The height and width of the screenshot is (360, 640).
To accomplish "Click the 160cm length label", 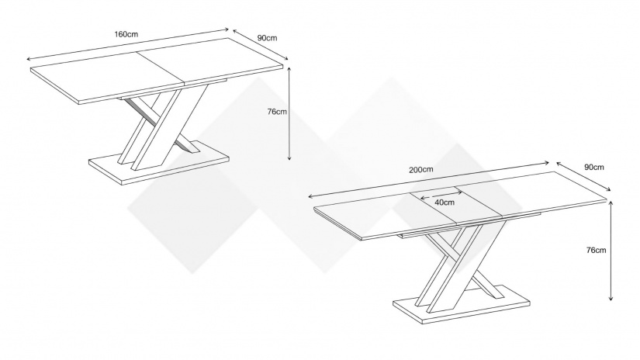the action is [x=126, y=34].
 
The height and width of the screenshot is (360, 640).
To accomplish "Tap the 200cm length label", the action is [x=421, y=169].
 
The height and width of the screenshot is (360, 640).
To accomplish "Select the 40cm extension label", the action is [x=444, y=202].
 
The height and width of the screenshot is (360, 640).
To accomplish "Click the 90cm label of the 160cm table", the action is [x=268, y=38].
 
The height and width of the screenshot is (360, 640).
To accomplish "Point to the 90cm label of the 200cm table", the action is [x=594, y=167].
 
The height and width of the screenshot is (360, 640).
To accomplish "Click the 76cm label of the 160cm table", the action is [x=277, y=112].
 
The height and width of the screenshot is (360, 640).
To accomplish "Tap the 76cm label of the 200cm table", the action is [x=596, y=250].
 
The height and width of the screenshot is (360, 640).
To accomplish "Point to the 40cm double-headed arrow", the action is [x=441, y=194].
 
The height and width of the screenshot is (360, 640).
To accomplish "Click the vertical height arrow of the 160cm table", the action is [x=289, y=113].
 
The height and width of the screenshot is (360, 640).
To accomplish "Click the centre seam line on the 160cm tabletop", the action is [x=161, y=69].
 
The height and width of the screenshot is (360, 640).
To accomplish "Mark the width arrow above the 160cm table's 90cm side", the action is [x=261, y=44].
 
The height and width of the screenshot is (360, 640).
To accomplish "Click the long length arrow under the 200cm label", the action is [x=429, y=179].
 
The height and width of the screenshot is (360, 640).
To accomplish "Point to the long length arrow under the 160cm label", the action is [x=127, y=44].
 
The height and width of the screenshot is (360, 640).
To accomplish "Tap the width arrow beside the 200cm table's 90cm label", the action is [x=583, y=176].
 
